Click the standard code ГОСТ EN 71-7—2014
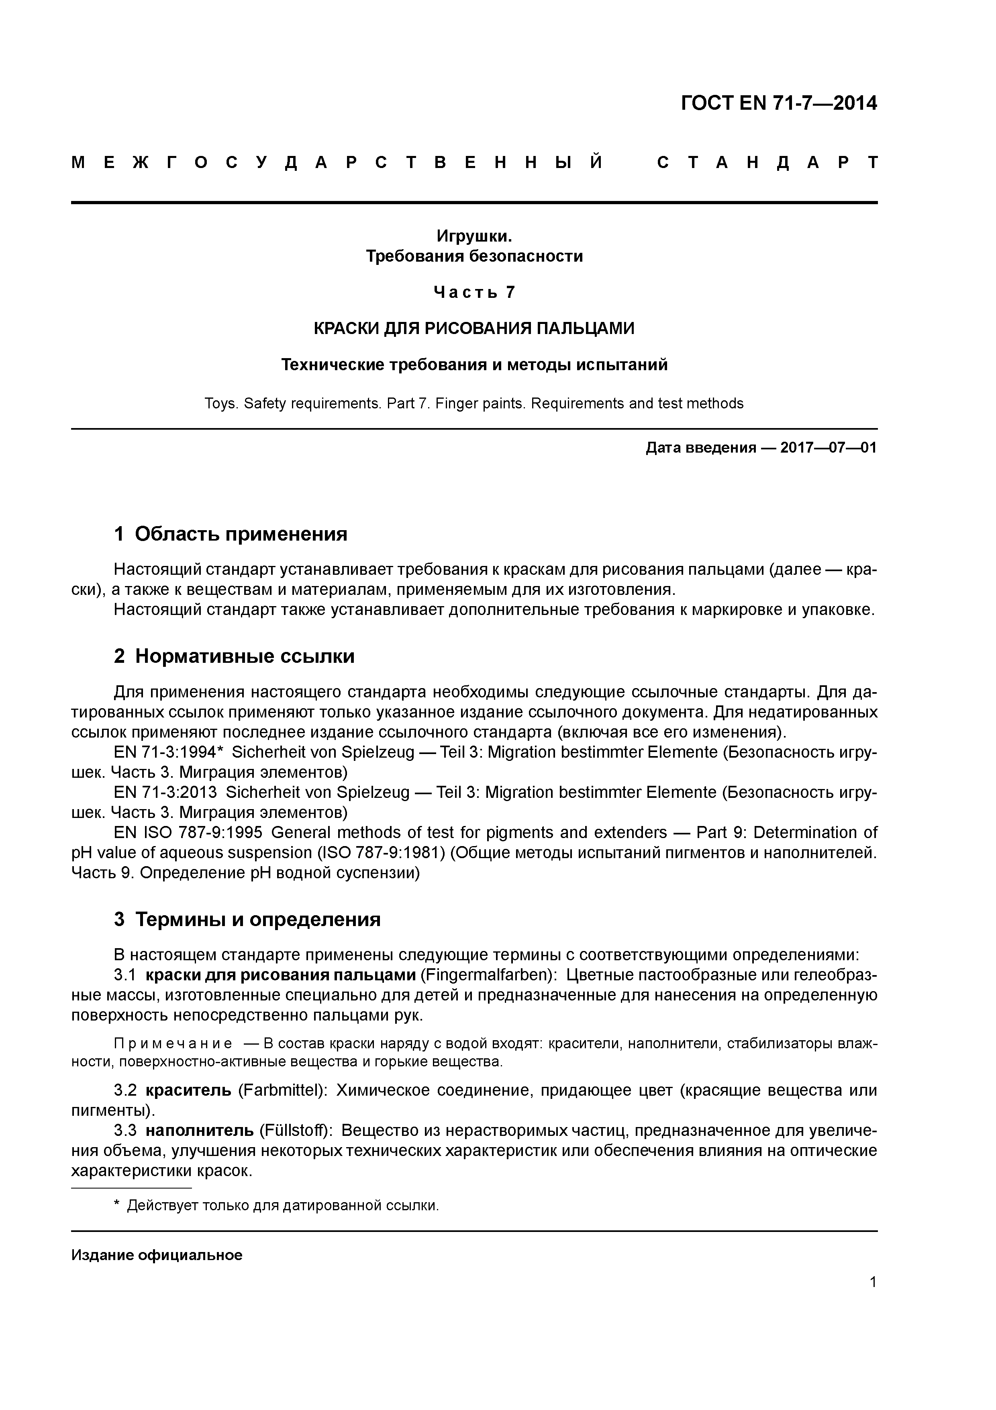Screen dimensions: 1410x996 [x=778, y=103]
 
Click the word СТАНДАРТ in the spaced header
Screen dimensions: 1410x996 [x=767, y=163]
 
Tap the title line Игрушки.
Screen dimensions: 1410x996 [x=474, y=236]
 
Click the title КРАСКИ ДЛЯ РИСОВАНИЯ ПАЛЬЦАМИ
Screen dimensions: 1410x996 [x=474, y=328]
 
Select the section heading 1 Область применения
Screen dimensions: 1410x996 [x=231, y=534]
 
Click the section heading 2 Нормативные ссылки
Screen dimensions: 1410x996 [x=235, y=656]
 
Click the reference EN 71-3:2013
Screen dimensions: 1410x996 [x=166, y=793]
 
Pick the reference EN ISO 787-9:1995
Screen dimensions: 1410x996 [x=188, y=833]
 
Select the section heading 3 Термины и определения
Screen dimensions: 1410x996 [x=247, y=919]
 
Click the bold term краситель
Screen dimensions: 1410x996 [x=188, y=1091]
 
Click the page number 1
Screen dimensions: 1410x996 [x=873, y=1282]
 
